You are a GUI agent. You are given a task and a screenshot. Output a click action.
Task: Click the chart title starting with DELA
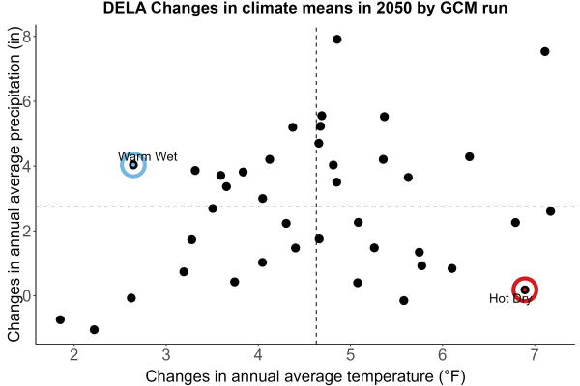tap(305, 8)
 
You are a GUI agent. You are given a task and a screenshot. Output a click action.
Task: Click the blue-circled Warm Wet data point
tap(133, 165)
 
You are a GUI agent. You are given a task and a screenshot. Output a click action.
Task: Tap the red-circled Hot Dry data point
tap(525, 289)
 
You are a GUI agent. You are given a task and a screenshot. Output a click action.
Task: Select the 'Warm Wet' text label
tap(148, 156)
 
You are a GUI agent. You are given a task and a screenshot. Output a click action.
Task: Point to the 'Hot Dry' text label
tap(510, 298)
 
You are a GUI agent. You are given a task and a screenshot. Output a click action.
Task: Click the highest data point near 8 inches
tap(337, 40)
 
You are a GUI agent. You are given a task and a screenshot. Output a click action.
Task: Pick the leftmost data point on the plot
tap(60, 319)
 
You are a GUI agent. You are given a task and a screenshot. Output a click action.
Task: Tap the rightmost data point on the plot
tap(550, 211)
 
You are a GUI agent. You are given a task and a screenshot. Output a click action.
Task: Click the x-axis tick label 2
tap(74, 355)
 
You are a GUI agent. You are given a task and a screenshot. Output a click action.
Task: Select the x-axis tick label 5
tap(350, 355)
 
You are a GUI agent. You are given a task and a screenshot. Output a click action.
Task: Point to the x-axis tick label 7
tap(535, 355)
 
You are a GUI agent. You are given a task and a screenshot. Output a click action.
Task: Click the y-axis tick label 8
tap(28, 37)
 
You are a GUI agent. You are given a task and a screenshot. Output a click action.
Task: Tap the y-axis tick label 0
tap(28, 296)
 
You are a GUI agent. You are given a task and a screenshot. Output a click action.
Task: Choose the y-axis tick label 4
tap(28, 166)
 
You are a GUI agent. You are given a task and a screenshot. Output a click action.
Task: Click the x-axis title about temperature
tap(305, 376)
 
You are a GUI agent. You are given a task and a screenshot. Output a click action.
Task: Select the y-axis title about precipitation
tap(14, 184)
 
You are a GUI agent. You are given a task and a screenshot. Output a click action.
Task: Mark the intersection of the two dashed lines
tap(316, 207)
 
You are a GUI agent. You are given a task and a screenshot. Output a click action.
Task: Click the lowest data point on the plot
tap(95, 329)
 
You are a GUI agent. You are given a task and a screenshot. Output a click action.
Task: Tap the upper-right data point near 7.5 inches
tap(545, 51)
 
